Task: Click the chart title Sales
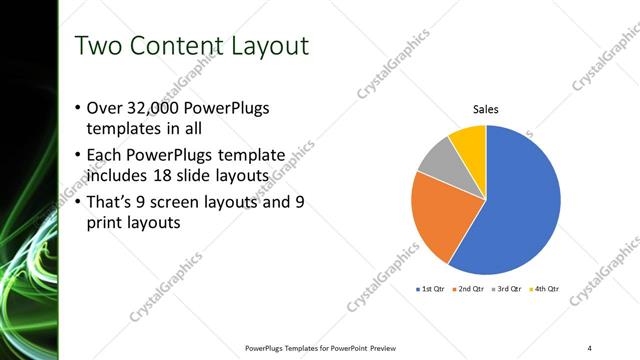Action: coord(486,110)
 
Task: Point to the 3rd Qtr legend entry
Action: coord(509,289)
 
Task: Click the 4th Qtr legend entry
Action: coord(545,289)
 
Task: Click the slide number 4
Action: coord(590,347)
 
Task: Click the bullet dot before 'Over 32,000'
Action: coord(79,108)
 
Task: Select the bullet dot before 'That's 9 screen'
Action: coord(79,202)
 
